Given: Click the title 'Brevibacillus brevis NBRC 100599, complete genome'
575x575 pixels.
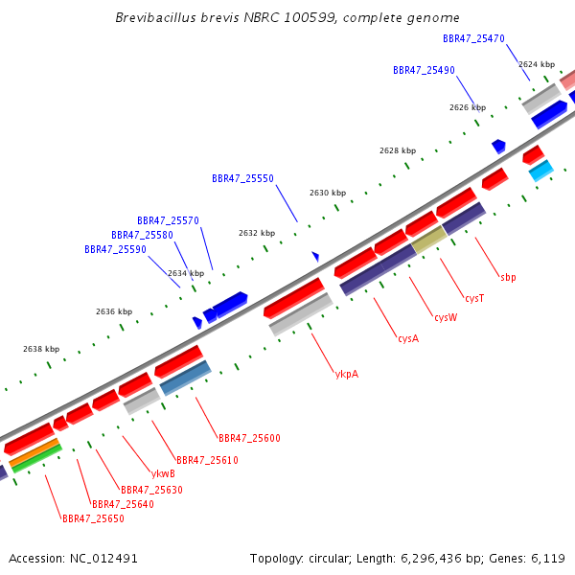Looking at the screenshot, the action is tap(287, 17).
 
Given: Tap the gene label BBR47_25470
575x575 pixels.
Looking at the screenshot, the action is tap(473, 39).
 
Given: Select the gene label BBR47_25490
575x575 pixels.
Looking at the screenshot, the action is tap(424, 70).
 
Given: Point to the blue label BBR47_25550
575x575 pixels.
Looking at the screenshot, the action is tap(242, 178).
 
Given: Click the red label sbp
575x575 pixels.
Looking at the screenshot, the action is tap(508, 278).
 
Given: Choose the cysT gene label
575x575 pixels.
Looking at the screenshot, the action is tap(474, 298).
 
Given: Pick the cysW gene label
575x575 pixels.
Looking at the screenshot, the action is tap(446, 317).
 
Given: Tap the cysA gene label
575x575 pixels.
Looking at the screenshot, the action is tap(408, 338).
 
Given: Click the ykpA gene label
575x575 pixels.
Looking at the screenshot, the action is tap(347, 374).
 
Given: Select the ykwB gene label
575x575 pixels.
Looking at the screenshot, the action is tap(163, 473).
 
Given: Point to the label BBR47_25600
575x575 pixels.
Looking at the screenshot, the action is tap(249, 438).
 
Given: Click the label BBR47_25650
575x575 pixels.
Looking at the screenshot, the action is tap(93, 518).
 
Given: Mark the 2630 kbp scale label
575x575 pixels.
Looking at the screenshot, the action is tap(328, 193).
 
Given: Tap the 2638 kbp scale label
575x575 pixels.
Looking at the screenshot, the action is tap(41, 349).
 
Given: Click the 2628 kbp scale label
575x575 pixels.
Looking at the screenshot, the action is tap(398, 150).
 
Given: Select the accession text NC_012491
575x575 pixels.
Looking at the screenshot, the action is tap(103, 559).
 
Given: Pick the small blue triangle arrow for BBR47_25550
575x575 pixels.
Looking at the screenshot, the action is tap(315, 256).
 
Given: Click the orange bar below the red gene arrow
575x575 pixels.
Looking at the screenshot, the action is tap(34, 452).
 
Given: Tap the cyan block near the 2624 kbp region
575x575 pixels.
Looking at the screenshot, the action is tap(541, 171).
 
